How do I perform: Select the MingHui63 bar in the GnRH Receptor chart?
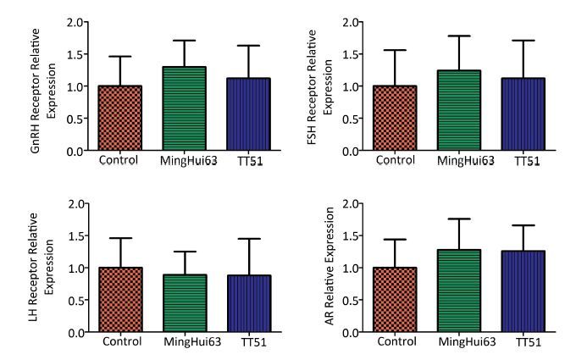point(183,109)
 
